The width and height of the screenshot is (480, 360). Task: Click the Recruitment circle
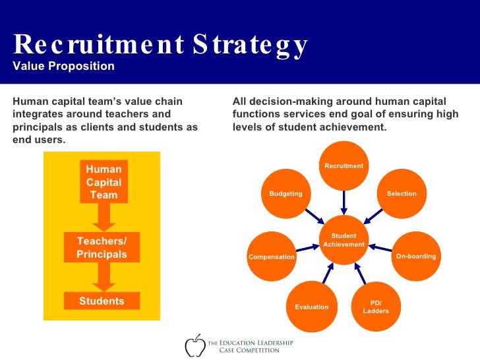click(344, 165)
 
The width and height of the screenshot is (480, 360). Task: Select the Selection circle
click(402, 193)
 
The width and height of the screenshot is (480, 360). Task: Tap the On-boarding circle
click(415, 256)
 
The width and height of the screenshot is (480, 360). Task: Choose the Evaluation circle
click(311, 307)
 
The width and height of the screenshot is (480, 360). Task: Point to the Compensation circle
click(271, 256)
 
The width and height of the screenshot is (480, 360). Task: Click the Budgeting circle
click(285, 193)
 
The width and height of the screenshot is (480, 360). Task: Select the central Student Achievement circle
click(344, 240)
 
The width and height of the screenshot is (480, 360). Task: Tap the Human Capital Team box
click(104, 182)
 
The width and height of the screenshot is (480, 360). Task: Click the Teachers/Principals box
click(102, 247)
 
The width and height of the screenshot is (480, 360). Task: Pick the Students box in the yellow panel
click(102, 301)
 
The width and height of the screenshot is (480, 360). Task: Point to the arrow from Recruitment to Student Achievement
click(344, 202)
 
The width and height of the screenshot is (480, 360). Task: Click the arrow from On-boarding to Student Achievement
click(380, 249)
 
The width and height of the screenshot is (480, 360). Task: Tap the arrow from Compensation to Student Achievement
click(307, 249)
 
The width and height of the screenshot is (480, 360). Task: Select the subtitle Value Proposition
click(63, 67)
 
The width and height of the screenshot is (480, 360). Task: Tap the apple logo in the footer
click(195, 345)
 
